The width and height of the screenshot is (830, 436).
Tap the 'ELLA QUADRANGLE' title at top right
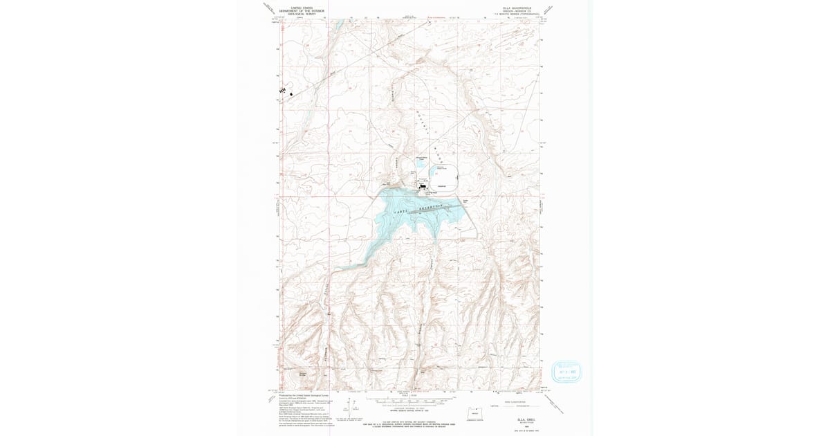(514, 9)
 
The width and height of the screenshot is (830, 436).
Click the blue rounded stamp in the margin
(566, 372)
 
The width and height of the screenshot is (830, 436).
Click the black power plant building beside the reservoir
(422, 185)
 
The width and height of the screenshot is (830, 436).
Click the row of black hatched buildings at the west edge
(282, 91)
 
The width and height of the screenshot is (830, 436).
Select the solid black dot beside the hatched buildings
(292, 93)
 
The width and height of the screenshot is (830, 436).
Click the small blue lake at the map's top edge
(338, 26)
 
